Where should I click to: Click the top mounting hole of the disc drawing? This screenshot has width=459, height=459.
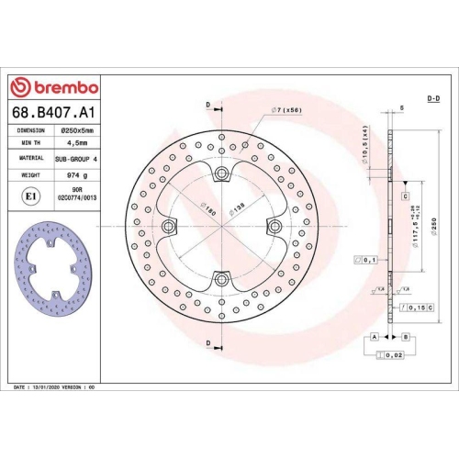[x=220, y=174]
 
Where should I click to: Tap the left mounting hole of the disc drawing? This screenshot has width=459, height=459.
[x=169, y=226]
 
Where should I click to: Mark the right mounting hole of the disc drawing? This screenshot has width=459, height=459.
[x=273, y=226]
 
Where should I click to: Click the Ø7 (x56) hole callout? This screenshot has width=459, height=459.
[x=287, y=111]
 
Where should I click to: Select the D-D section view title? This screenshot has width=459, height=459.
[x=433, y=98]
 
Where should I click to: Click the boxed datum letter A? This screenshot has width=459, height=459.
[x=375, y=338]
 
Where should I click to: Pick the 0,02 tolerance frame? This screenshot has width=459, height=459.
[x=393, y=354]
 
